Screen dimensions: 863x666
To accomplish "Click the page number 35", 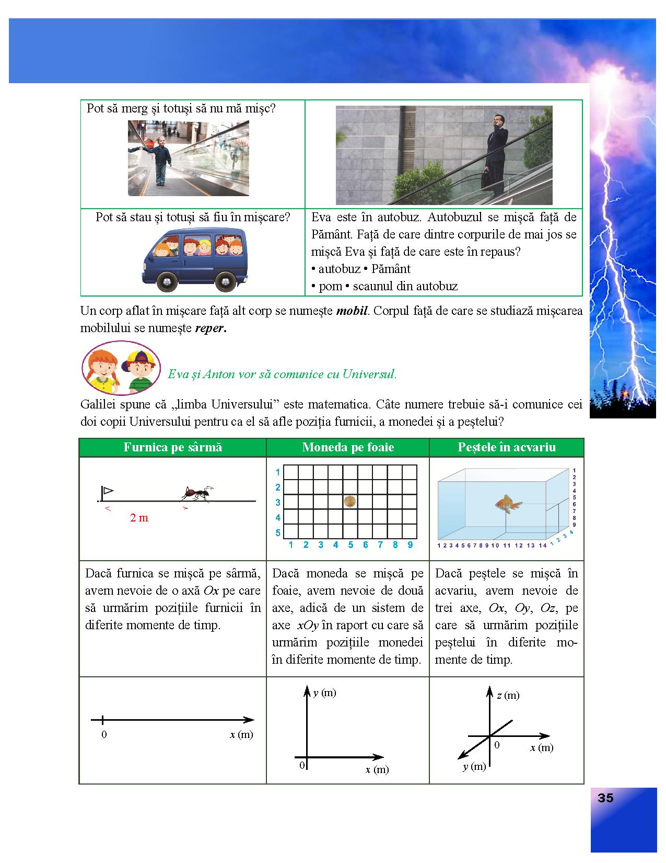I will click(605, 798).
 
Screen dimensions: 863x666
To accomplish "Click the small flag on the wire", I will click(107, 491).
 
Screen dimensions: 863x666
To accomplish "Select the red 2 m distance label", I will click(139, 518).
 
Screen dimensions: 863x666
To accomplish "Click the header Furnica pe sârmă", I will click(173, 447).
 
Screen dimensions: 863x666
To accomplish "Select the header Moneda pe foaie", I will click(348, 447).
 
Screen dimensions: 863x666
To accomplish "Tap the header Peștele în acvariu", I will click(506, 447).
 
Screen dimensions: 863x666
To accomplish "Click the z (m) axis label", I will click(508, 695).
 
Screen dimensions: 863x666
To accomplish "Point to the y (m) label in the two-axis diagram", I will click(324, 693).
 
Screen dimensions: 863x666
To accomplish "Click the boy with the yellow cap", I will click(139, 370).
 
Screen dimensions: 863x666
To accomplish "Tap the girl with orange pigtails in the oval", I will click(103, 368).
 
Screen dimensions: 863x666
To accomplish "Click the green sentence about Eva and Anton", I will click(282, 374).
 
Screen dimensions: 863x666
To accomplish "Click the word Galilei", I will click(99, 404).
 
